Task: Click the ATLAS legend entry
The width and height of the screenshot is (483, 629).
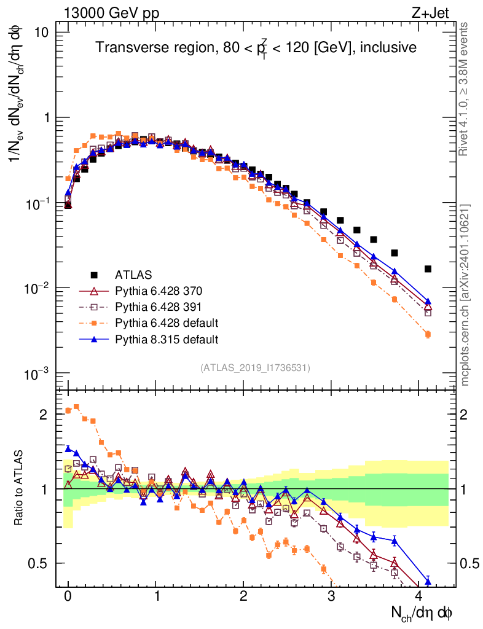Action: coord(132,274)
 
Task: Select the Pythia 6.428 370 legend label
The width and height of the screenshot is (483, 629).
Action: coord(157,291)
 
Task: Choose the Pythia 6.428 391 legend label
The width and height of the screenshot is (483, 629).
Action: coord(157,307)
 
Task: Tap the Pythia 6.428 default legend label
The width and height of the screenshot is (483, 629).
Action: coord(167,322)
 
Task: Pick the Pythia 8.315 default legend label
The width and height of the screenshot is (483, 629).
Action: coord(167,338)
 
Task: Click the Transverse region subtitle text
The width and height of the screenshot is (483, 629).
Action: coord(256,48)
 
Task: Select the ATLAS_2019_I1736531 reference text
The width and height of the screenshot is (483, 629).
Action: coord(254,367)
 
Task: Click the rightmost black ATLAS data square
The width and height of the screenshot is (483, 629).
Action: coord(428,268)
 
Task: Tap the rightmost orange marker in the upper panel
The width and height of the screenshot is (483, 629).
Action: coord(428,334)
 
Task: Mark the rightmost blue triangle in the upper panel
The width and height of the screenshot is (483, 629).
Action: coord(428,302)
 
